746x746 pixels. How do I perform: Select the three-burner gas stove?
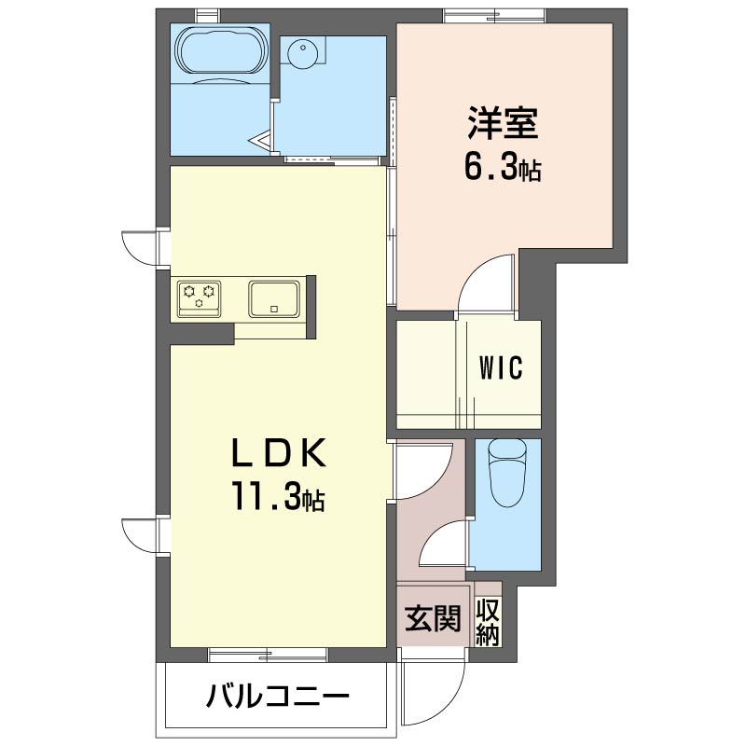pos(200,298)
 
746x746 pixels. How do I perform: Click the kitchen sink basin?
pos(274,298)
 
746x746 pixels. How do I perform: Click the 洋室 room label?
pos(503,124)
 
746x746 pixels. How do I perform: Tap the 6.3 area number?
pos(490,167)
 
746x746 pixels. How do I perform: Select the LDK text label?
pos(279,452)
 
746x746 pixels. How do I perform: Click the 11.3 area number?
pos(267,496)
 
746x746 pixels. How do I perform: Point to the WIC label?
pos(501,367)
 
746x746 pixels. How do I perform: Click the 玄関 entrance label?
pos(433,618)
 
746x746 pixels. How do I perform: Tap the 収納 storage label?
pos(488,623)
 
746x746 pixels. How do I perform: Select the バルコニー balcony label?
pos(277,698)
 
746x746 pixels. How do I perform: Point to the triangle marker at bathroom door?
pos(261,141)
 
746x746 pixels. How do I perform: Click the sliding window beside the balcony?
pos(268,655)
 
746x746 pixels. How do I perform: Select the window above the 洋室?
pos(494,16)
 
